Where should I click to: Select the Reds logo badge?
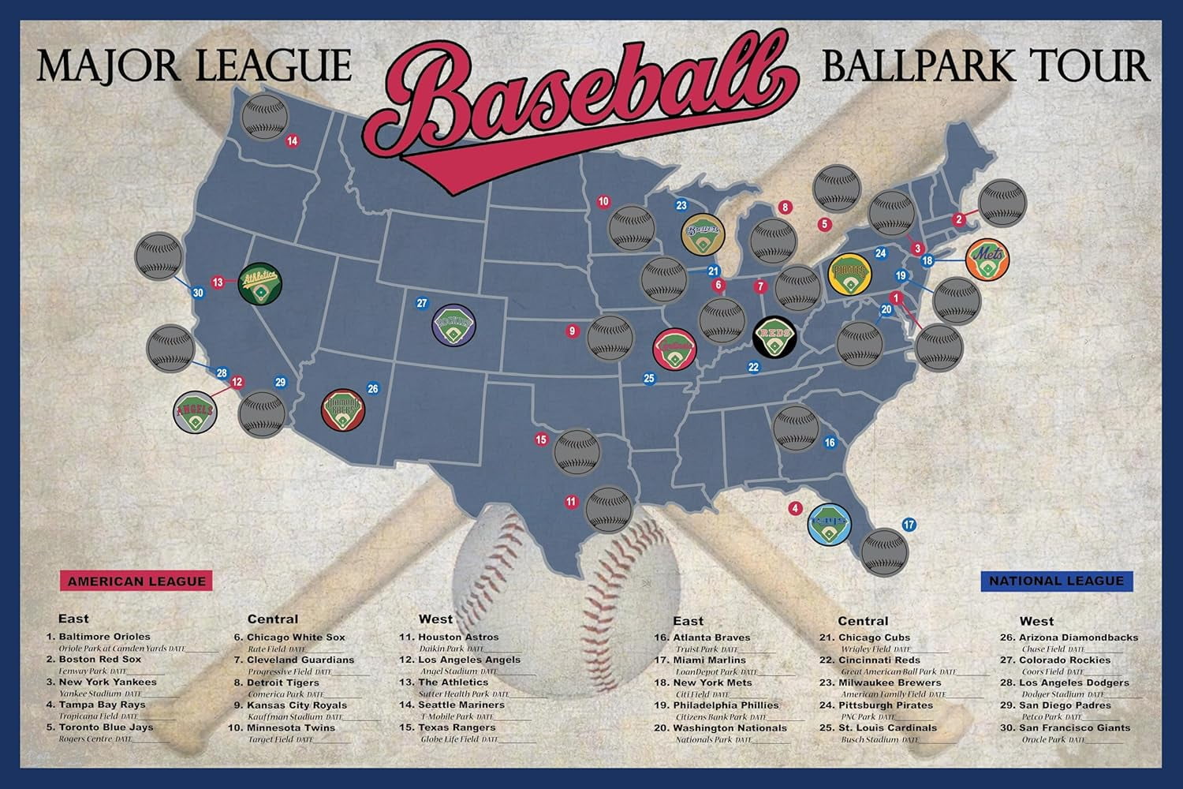coord(774,338)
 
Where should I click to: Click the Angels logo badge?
coord(195,412)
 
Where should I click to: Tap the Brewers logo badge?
coord(703,234)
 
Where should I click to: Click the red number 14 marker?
coord(293,141)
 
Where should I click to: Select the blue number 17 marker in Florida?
coord(909,525)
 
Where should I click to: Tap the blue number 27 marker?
coord(422,303)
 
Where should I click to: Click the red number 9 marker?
coord(573,331)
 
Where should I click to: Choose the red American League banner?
coord(136,581)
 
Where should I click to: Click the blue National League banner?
coord(1056,581)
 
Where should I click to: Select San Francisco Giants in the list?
coord(1074,728)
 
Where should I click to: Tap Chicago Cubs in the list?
coord(875,638)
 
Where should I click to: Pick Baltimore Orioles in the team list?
coord(104,637)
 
